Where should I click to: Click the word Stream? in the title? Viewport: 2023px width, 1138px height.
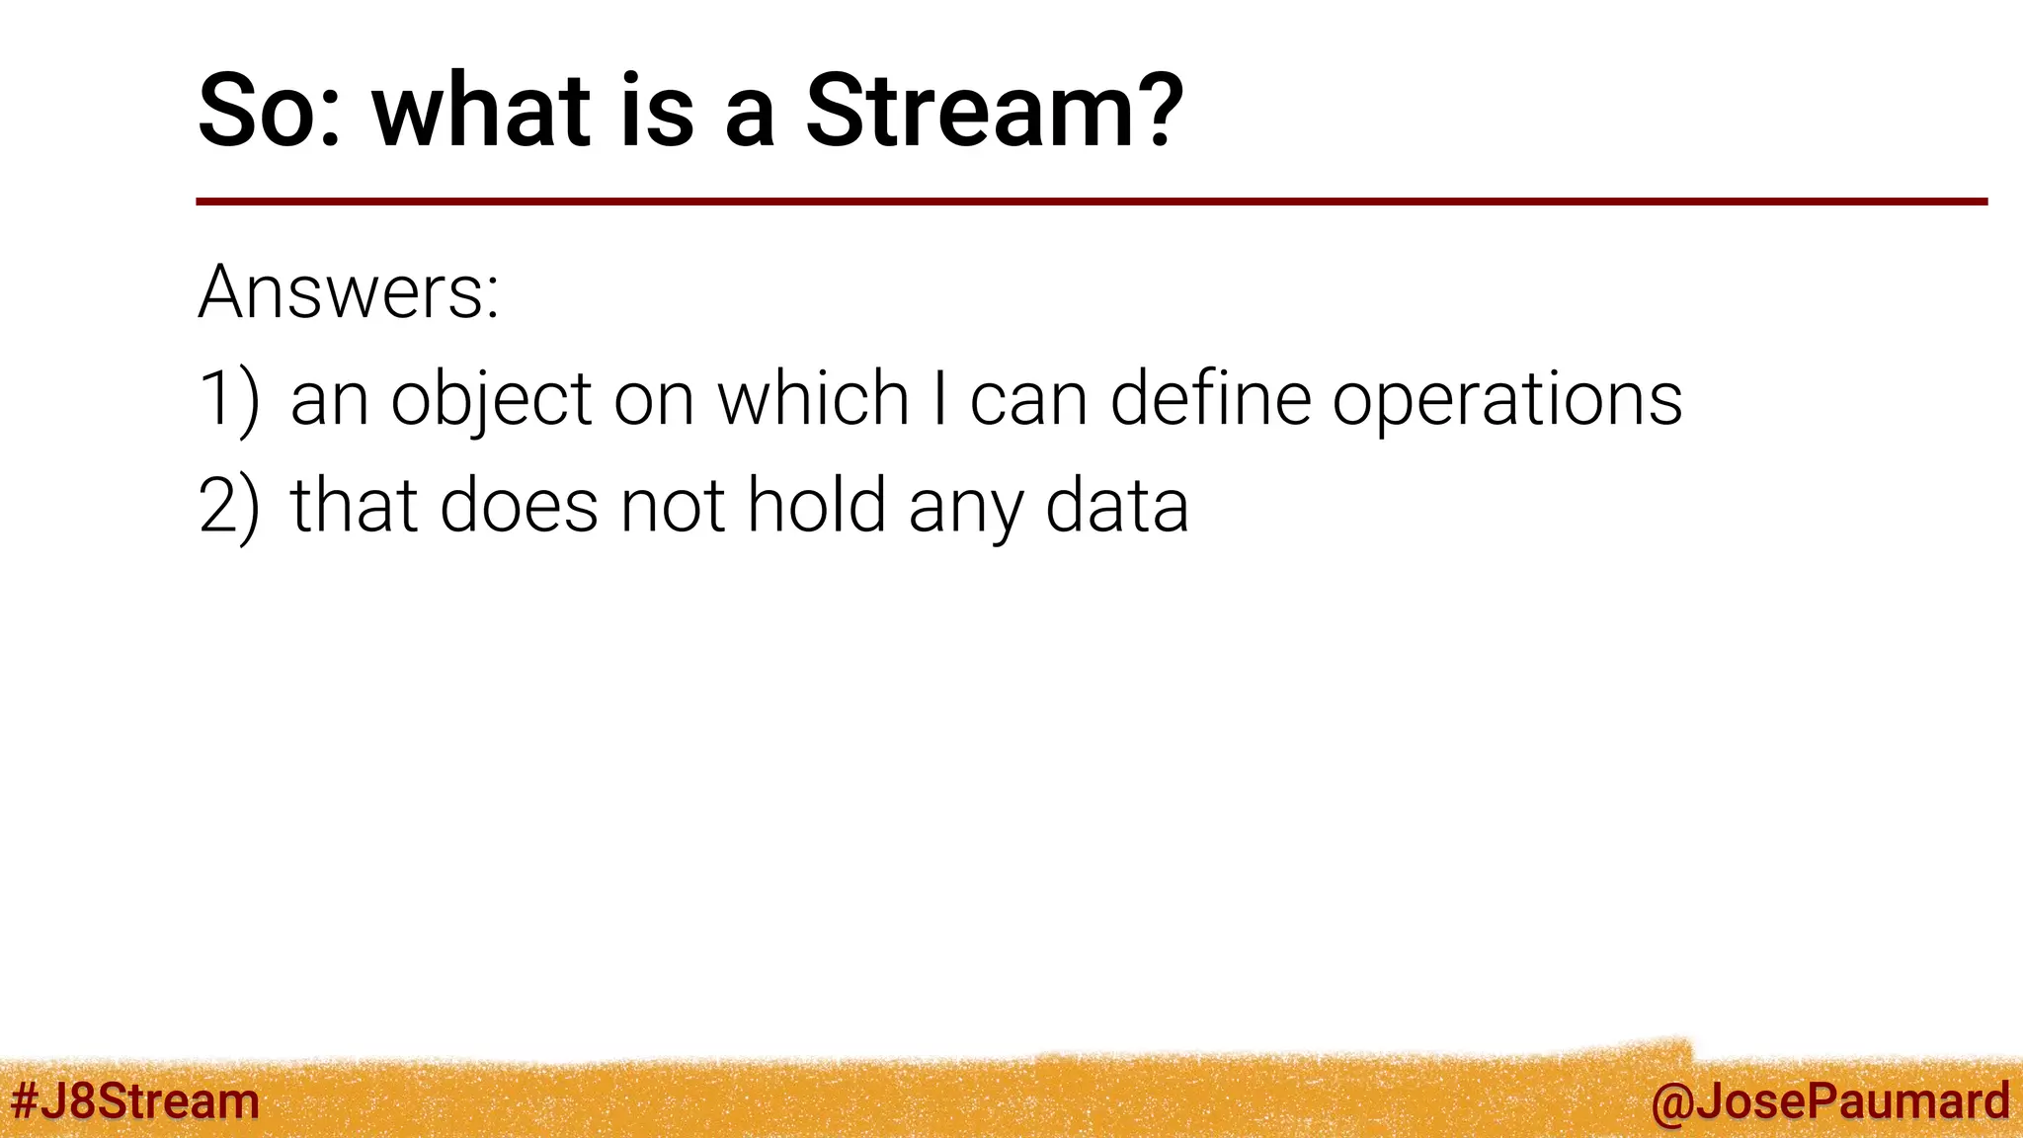[x=994, y=111]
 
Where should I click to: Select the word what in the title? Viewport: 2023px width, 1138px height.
[x=481, y=111]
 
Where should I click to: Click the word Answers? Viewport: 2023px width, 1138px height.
[x=349, y=292]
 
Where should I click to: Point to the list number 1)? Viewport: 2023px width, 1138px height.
[x=229, y=399]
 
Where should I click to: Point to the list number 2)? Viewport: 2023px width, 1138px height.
[x=229, y=506]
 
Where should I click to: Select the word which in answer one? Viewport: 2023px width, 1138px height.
[x=812, y=399]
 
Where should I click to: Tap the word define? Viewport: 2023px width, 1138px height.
[x=1210, y=399]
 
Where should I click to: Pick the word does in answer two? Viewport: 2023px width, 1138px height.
[x=519, y=506]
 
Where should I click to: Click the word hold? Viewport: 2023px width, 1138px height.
[x=816, y=506]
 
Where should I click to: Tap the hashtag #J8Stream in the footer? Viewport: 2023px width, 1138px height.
[x=134, y=1100]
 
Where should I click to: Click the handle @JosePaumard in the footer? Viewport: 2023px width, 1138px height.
[x=1829, y=1100]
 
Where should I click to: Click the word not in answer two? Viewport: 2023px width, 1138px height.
[x=672, y=506]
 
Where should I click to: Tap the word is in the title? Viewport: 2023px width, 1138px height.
[x=656, y=111]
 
